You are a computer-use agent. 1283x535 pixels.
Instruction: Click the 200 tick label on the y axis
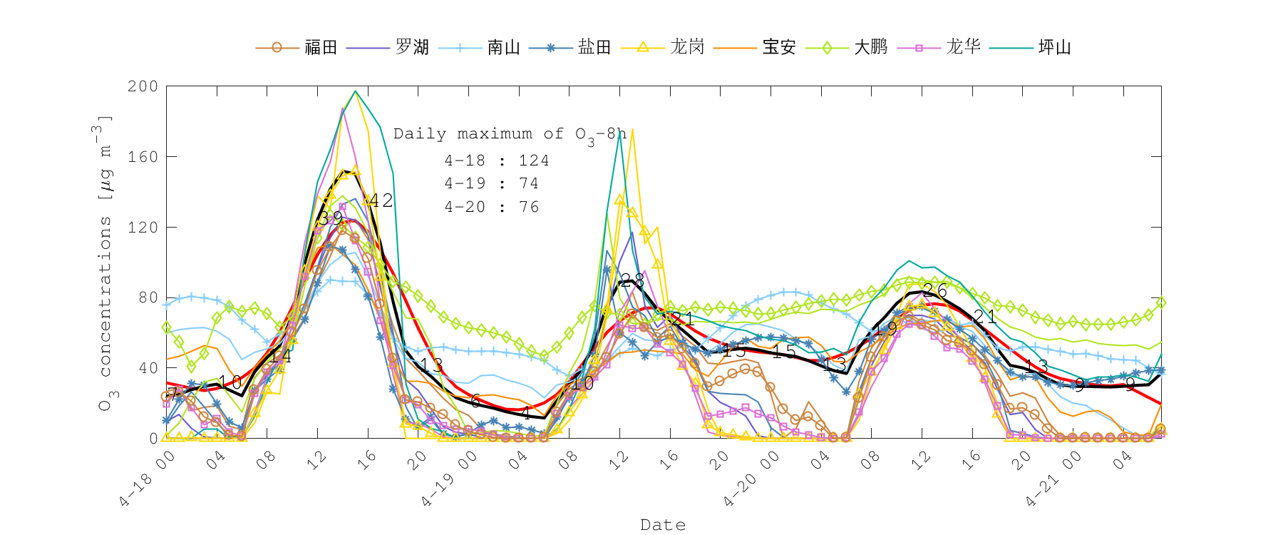point(143,86)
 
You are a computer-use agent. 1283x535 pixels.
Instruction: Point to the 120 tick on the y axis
point(143,228)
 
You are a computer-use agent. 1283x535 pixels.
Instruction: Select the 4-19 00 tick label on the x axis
point(448,479)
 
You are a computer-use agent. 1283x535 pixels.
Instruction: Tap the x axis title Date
point(663,525)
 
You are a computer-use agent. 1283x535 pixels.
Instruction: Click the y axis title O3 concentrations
point(105,264)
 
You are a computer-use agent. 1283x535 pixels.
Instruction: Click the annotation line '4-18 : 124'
point(497,160)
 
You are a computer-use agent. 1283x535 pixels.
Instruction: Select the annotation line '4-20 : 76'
point(492,207)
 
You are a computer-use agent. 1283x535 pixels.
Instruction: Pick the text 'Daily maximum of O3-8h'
point(510,134)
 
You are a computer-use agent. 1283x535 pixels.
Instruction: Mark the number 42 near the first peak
point(381,200)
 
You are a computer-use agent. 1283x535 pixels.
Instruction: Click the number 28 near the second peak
point(632,280)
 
